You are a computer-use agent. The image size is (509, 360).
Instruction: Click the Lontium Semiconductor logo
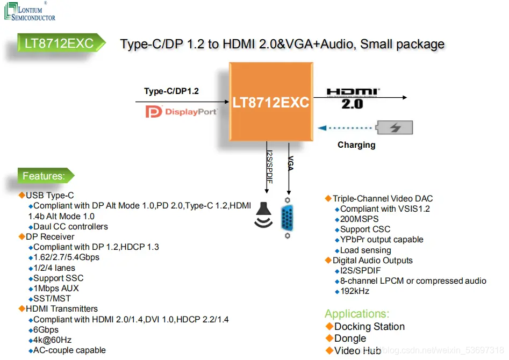(30, 12)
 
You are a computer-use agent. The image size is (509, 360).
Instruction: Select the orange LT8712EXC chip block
(271, 102)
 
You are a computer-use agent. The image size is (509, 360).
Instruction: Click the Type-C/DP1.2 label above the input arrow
(171, 91)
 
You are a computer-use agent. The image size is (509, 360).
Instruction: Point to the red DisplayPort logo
(181, 112)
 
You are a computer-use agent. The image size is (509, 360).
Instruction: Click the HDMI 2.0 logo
(353, 98)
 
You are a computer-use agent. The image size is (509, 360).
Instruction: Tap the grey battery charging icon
(395, 127)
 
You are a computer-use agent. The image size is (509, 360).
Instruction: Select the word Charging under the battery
(356, 145)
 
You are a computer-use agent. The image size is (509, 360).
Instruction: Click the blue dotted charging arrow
(345, 128)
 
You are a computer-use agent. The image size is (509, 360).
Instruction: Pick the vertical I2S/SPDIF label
(269, 167)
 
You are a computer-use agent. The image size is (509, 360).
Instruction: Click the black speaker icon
(263, 214)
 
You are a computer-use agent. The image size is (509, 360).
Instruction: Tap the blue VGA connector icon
(287, 218)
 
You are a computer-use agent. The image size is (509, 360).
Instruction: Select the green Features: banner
(46, 176)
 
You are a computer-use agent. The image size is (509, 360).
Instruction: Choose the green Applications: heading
(357, 314)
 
